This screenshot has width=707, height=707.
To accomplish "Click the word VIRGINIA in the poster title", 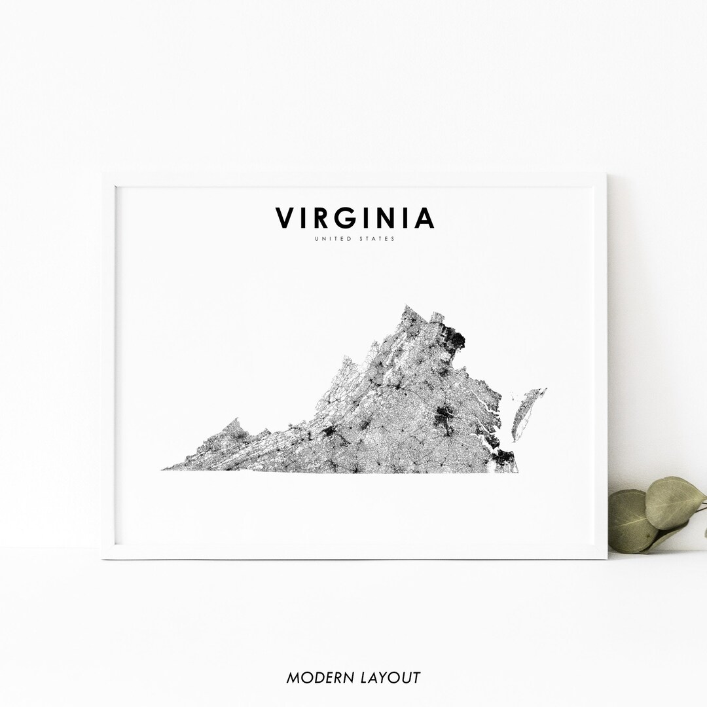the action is click(x=354, y=218).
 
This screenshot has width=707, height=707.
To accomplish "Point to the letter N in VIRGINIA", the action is click(x=384, y=219).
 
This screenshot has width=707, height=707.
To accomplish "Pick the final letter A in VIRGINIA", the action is click(x=424, y=219).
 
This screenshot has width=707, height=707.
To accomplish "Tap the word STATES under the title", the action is click(x=377, y=239).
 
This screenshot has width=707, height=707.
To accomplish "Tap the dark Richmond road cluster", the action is click(x=446, y=417).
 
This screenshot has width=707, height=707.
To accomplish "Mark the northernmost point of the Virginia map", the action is click(x=406, y=306).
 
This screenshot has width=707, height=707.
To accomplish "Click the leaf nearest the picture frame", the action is click(x=630, y=520).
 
